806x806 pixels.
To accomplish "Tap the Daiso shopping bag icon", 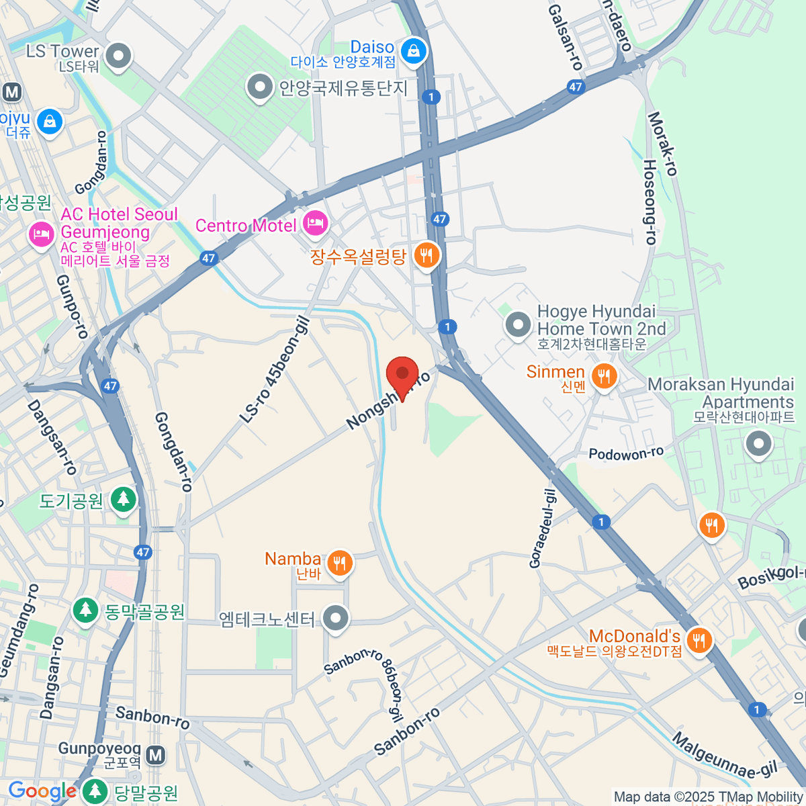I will click(414, 51).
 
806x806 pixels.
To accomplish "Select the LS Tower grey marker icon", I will click(119, 56).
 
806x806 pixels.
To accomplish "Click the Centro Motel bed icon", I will click(315, 223).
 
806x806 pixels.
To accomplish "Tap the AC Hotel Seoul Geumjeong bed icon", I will click(42, 234).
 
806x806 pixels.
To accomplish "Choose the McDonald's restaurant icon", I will click(699, 640).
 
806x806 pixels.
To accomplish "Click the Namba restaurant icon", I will click(340, 563).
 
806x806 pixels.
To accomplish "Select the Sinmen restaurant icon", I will click(604, 376).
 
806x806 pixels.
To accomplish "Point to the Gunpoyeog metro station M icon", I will click(156, 755).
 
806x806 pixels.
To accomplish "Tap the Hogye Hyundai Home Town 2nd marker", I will click(518, 326).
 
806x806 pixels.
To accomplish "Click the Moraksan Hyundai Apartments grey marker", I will click(759, 444).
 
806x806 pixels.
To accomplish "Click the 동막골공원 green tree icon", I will click(85, 610).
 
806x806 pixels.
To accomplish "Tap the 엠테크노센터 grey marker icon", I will click(335, 618).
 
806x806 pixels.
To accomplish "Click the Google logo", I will click(42, 791).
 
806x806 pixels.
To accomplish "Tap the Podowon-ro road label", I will click(626, 454).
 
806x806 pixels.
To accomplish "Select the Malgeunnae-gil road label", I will click(725, 756).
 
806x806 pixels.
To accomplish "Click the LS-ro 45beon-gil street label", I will click(275, 371).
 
